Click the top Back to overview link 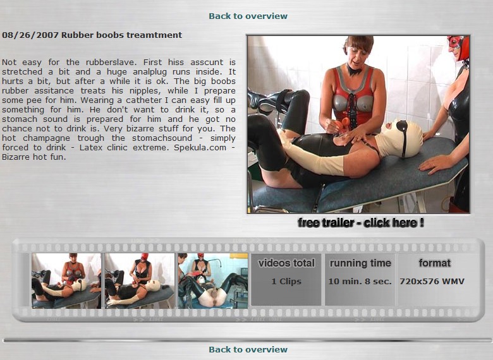pyautogui.click(x=248, y=16)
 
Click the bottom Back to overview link pyautogui.click(x=248, y=349)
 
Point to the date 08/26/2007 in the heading pyautogui.click(x=30, y=35)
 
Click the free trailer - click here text pyautogui.click(x=361, y=223)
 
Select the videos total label pyautogui.click(x=286, y=263)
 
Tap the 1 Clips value pyautogui.click(x=286, y=281)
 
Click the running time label pyautogui.click(x=360, y=263)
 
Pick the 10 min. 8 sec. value pyautogui.click(x=360, y=281)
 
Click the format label pyautogui.click(x=434, y=263)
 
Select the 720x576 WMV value pyautogui.click(x=432, y=281)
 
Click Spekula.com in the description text pyautogui.click(x=200, y=148)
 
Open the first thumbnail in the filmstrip pyautogui.click(x=66, y=280)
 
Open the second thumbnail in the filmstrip pyautogui.click(x=140, y=280)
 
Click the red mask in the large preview pyautogui.click(x=458, y=47)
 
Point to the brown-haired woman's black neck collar pyautogui.click(x=355, y=69)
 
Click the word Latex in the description pyautogui.click(x=91, y=148)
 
